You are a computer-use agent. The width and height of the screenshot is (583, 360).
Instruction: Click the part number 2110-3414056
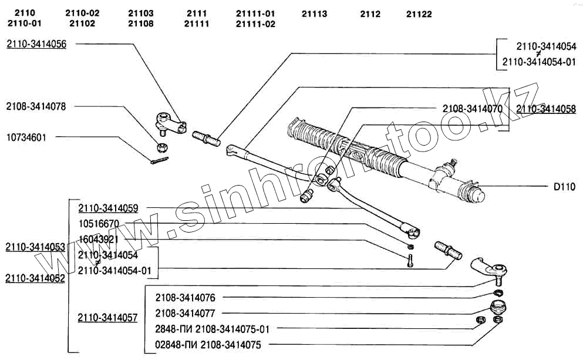36,44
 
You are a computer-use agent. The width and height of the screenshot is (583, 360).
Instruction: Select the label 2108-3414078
36,106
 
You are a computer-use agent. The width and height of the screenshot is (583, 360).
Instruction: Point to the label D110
565,187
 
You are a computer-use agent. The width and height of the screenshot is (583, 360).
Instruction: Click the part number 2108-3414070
472,109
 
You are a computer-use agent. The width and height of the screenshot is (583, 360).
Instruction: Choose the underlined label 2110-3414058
546,109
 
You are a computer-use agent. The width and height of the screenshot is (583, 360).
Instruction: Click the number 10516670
99,224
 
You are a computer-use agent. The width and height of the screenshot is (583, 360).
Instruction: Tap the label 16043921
99,239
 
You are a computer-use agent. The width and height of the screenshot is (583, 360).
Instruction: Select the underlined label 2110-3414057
107,318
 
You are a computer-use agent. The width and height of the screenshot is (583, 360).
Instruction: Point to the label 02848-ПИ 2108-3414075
208,345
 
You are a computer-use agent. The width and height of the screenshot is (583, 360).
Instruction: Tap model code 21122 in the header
419,14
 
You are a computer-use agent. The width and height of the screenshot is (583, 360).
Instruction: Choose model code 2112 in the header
370,14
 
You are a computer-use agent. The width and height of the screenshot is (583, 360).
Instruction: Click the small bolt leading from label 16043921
410,258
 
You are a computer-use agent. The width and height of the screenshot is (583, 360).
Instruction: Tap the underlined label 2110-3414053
35,247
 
